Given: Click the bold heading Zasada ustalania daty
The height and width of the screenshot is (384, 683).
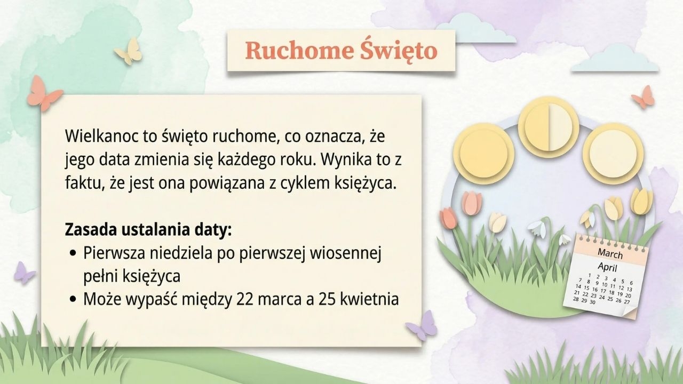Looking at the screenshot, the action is pyautogui.click(x=148, y=229).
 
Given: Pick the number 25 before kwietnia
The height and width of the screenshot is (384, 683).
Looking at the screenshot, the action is pyautogui.click(x=328, y=299).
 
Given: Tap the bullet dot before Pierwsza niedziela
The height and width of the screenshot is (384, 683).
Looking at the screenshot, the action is pyautogui.click(x=73, y=253).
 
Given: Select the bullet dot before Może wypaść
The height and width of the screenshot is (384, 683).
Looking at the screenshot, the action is pyautogui.click(x=73, y=299).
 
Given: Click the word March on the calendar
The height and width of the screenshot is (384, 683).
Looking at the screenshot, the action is pyautogui.click(x=610, y=253).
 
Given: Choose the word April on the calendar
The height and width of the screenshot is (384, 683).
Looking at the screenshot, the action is pyautogui.click(x=607, y=267).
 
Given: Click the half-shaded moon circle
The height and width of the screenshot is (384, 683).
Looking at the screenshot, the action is pyautogui.click(x=549, y=127).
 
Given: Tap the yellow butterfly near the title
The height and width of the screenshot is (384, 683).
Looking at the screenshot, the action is pyautogui.click(x=129, y=51).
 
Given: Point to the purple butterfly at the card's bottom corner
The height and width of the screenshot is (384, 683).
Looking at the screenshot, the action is pyautogui.click(x=422, y=325).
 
